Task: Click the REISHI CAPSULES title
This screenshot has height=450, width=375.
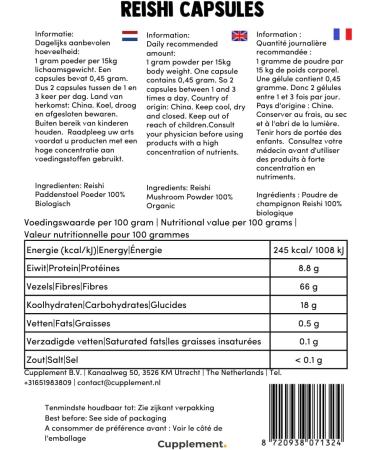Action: (x=187, y=11)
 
